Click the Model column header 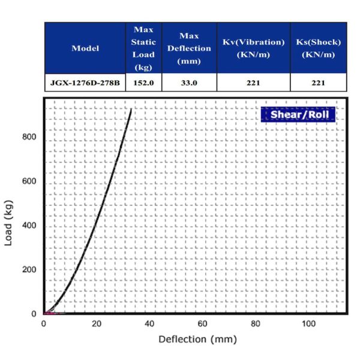85,48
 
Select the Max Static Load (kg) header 143,48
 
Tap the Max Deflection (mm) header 189,48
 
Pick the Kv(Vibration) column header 253,48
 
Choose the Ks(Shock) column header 319,48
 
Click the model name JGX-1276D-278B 85,82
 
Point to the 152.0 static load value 143,82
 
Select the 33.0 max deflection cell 189,82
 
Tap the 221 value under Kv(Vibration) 253,82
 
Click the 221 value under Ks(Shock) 319,82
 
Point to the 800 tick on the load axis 29,137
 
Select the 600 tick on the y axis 29,182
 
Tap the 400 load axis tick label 29,226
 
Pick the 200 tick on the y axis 29,269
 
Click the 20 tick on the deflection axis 96,324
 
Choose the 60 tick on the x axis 202,324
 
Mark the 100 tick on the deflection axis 308,324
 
